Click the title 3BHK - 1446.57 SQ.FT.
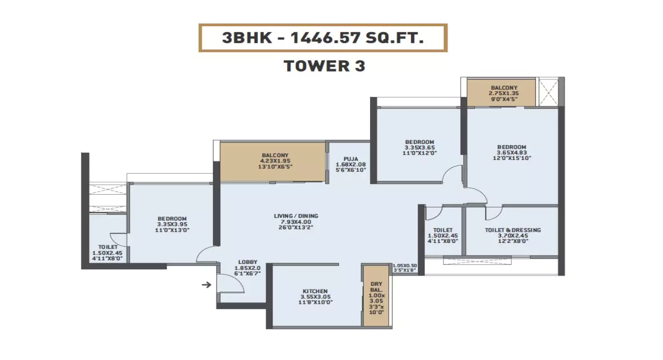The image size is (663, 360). (x=323, y=38)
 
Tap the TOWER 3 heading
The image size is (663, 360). (x=324, y=66)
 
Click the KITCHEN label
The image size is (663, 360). (x=314, y=291)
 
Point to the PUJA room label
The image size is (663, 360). (x=350, y=159)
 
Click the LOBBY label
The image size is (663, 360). (x=248, y=262)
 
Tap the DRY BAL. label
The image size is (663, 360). (x=376, y=285)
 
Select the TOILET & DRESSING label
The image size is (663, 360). (x=513, y=230)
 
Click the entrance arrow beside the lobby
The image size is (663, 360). (x=207, y=284)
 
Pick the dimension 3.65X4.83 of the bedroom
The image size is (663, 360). (x=511, y=152)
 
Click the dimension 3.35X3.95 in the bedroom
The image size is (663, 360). (x=172, y=224)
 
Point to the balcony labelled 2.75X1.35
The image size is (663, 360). (x=504, y=93)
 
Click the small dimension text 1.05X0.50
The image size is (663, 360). (x=405, y=265)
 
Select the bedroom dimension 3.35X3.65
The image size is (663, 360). (x=419, y=147)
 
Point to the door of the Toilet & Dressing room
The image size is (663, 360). (x=493, y=212)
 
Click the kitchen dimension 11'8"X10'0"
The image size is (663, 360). (x=314, y=302)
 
